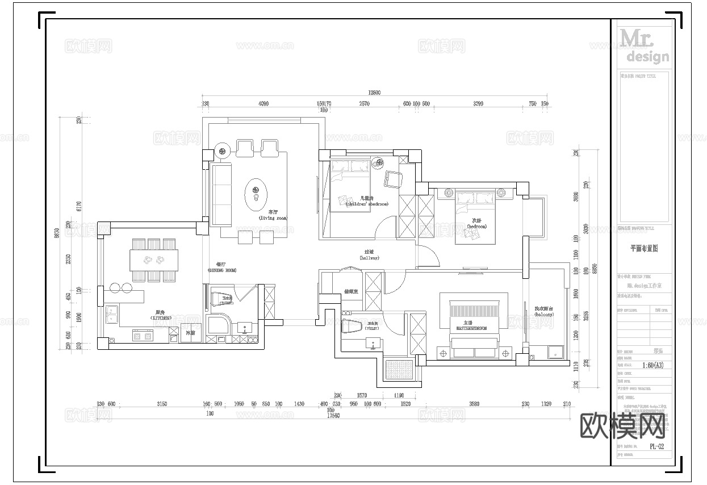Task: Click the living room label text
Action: click(x=273, y=215)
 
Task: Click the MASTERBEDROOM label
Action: click(x=471, y=325)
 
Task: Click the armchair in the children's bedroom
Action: click(x=393, y=178)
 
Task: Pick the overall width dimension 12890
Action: click(x=374, y=93)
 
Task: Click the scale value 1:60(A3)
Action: click(x=652, y=365)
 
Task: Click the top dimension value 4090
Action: click(x=263, y=104)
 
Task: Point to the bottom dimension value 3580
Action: click(x=474, y=404)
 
